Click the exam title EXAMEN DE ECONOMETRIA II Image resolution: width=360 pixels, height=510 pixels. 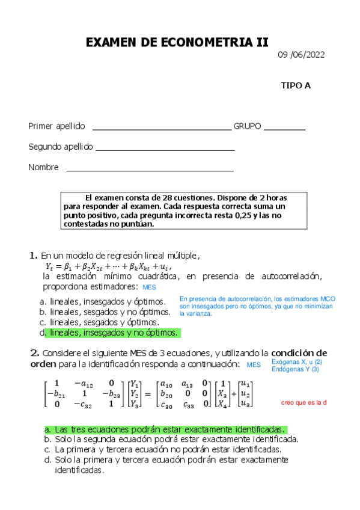click(177, 42)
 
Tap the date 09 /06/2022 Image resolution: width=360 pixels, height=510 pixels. click(301, 55)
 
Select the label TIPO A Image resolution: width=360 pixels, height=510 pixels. click(296, 85)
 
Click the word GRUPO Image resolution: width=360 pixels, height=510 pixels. click(247, 126)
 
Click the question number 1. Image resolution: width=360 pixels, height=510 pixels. click(34, 255)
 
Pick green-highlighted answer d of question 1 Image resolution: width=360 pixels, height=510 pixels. click(114, 333)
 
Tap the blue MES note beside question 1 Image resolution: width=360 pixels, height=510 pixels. click(149, 287)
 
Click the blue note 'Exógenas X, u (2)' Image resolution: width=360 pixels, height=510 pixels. click(297, 362)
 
